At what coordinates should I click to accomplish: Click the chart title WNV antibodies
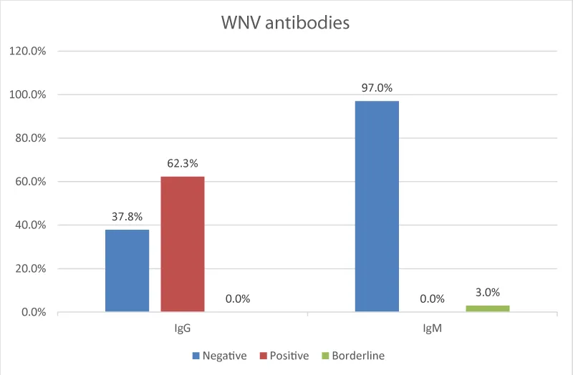tap(285, 23)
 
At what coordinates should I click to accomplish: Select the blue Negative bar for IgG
tap(127, 271)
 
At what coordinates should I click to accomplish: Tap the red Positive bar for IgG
tap(182, 244)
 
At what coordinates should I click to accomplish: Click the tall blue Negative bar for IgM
tap(377, 206)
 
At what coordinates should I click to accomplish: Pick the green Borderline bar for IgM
tap(487, 308)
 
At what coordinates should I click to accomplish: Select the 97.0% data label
tap(377, 89)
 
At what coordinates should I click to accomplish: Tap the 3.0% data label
tap(487, 292)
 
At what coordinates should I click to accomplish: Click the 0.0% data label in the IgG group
tap(238, 299)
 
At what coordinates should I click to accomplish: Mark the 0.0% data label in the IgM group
tap(432, 299)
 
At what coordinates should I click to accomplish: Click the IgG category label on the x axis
tap(182, 331)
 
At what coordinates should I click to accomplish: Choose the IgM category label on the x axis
tap(432, 331)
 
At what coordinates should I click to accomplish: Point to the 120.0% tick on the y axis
tap(27, 51)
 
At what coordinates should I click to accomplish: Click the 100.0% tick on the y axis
tap(27, 94)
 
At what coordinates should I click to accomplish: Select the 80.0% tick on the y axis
tap(29, 138)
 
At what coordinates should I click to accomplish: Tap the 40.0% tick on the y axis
tap(29, 225)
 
